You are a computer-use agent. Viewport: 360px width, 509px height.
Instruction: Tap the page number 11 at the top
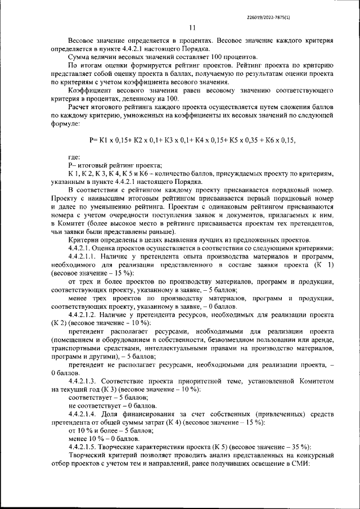tap(192, 29)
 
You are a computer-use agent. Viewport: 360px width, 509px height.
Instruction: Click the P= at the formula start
tap(93, 139)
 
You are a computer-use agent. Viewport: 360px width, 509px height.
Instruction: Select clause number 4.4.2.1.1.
tap(87, 256)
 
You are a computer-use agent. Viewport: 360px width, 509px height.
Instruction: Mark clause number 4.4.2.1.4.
tap(87, 413)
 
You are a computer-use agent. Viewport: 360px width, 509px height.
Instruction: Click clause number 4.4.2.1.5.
tap(87, 446)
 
